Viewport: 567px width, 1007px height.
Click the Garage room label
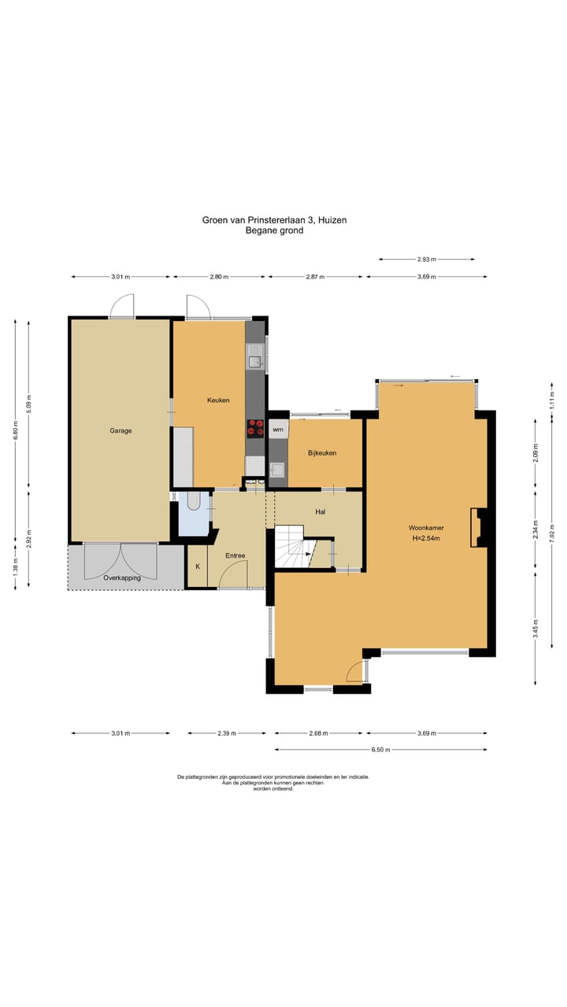(120, 430)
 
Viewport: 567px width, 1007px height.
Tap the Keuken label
(218, 400)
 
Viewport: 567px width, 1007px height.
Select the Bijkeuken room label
(322, 453)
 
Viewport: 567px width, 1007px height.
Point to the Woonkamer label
(426, 528)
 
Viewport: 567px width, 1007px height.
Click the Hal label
(321, 511)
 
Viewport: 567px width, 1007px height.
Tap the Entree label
(235, 555)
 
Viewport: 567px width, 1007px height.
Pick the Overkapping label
(122, 578)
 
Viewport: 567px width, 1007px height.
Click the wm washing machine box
(278, 430)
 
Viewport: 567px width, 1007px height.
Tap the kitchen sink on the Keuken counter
(256, 356)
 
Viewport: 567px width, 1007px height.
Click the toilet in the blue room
(194, 501)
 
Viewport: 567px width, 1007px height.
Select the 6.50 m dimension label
(380, 750)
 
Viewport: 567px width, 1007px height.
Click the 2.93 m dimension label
(427, 260)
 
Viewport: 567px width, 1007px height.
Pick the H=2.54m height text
(426, 538)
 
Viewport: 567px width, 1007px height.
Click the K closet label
(198, 567)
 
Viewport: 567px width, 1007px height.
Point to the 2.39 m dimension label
(227, 733)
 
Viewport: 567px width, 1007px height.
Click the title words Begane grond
(275, 231)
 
